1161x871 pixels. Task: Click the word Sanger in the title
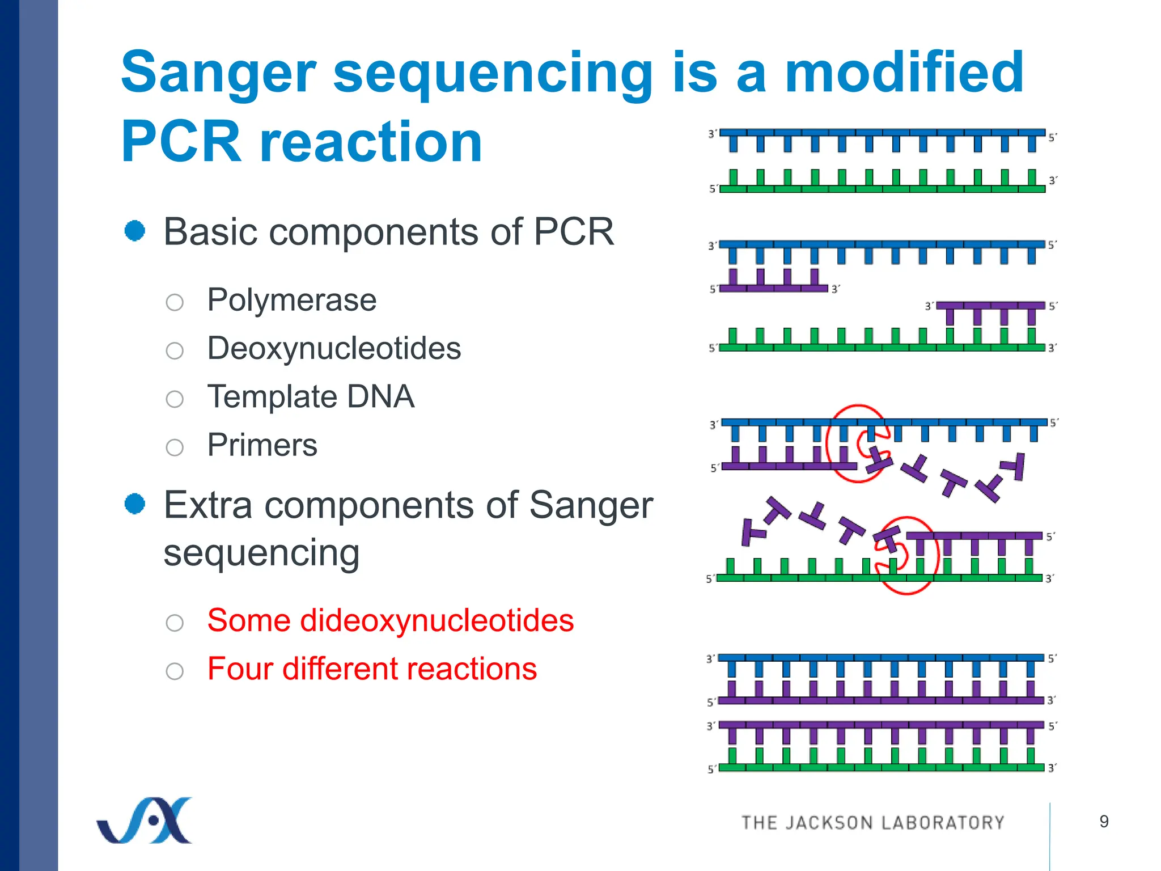[x=218, y=74]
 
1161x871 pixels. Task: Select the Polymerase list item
[x=291, y=300]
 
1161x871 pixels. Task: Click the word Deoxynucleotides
[x=334, y=348]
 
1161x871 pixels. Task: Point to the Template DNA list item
[x=311, y=396]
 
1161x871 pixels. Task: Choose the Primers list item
[x=262, y=445]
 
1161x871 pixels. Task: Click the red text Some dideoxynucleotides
[x=390, y=620]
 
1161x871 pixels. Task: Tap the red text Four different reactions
[x=372, y=669]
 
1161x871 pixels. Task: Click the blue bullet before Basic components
[x=135, y=231]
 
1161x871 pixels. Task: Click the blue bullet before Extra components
[x=135, y=504]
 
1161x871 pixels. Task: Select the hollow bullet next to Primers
[x=175, y=447]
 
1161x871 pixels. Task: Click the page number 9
[x=1104, y=821]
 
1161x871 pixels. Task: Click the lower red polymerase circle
[x=907, y=556]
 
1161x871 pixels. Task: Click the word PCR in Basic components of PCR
[x=574, y=232]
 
